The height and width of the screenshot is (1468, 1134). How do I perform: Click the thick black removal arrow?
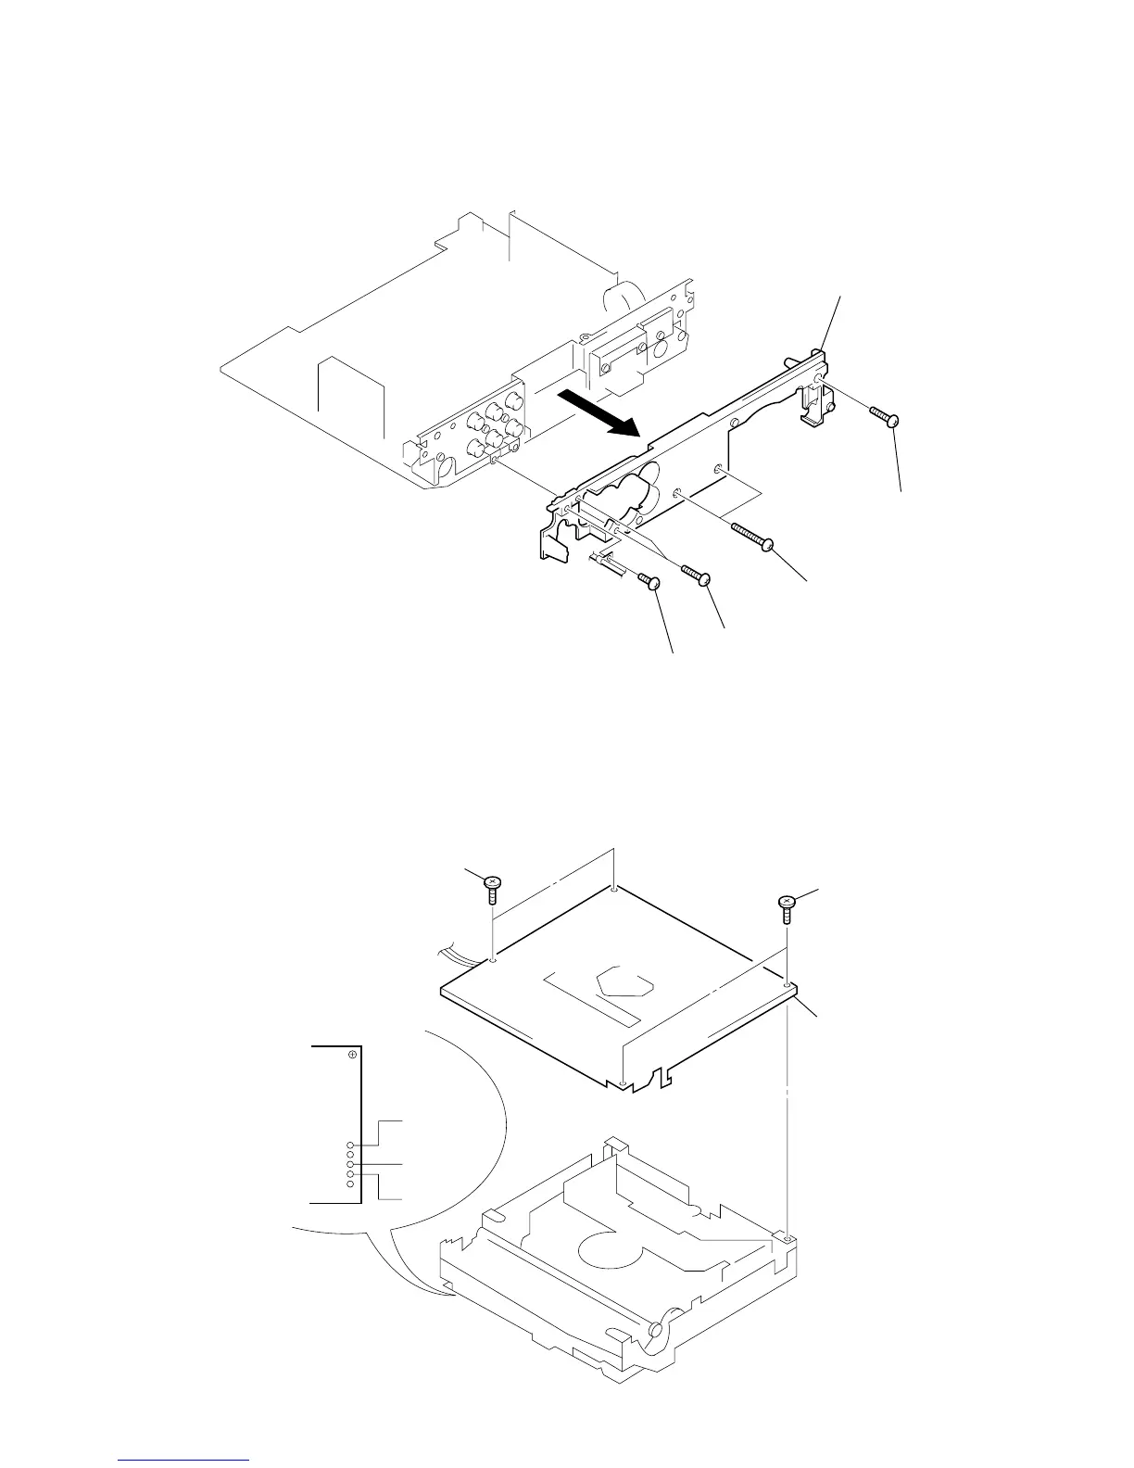point(599,412)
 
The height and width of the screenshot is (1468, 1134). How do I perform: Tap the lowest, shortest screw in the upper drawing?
point(648,580)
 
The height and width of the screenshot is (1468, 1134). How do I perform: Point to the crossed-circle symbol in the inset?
point(352,1055)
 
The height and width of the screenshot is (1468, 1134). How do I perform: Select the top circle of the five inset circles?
point(350,1145)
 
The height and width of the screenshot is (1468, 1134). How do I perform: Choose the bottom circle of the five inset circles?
point(350,1185)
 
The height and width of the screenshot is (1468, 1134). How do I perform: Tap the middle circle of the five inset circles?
point(350,1165)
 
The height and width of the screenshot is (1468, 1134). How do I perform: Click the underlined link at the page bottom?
point(184,1461)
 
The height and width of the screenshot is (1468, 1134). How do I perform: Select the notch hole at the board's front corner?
point(626,1083)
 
